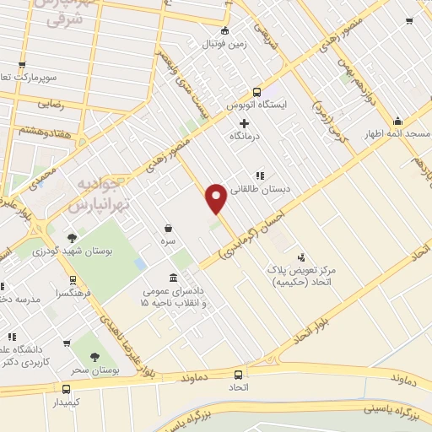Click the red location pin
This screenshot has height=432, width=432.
click(216, 197)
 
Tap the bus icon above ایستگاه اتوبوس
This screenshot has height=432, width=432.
click(256, 93)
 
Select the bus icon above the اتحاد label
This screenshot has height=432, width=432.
click(238, 374)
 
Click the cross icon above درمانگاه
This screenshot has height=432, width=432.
click(245, 123)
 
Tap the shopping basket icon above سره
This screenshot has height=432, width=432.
click(169, 228)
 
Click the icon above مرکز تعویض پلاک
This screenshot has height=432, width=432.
click(301, 256)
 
